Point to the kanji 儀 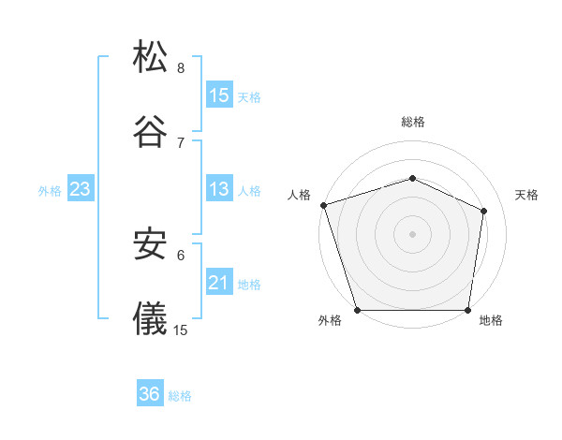coord(151,317)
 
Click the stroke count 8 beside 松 coord(181,68)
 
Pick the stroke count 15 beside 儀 coord(181,330)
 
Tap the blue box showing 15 coord(219,95)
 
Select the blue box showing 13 coord(219,189)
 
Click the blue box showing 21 coord(219,282)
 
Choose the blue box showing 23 coord(81,189)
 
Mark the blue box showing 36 coord(150,394)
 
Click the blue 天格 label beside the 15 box coord(249,96)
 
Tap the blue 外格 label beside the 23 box coord(50,191)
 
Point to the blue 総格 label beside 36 coord(180,396)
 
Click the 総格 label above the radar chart coord(413,122)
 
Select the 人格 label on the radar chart coord(300,195)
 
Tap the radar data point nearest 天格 coord(484,211)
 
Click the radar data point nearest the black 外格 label coord(358,310)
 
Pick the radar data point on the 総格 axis coord(413,178)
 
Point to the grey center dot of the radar coord(413,234)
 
